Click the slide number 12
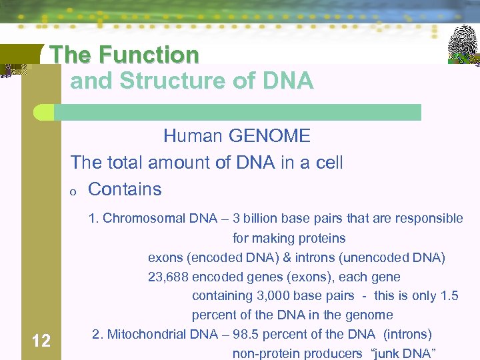41,341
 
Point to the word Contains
125,189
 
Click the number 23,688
168,277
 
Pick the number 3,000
273,295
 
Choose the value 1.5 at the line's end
450,295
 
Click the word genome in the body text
374,315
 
